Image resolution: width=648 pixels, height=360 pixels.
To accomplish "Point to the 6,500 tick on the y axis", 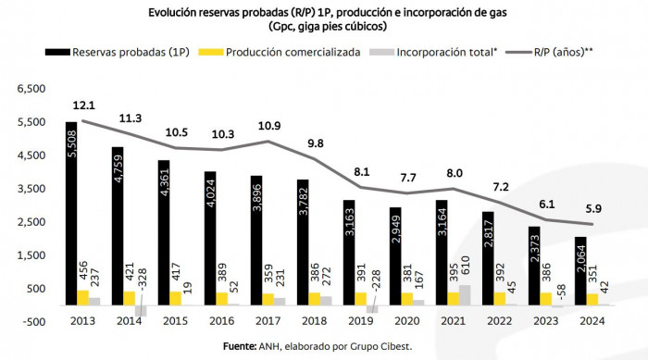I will pos(28,89).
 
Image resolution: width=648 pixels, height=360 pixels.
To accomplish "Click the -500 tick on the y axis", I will pos(31,321).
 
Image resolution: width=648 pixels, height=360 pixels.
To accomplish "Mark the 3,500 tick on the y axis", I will pos(28,189).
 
